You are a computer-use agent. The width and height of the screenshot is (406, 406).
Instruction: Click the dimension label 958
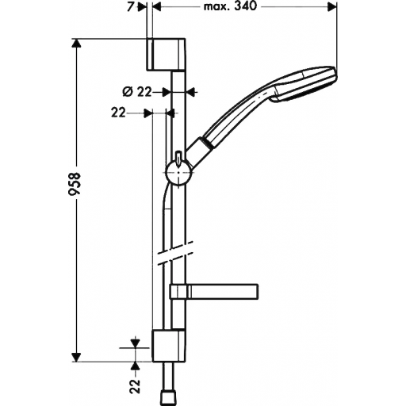point(74,184)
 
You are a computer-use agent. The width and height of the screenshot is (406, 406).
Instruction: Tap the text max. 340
point(230,6)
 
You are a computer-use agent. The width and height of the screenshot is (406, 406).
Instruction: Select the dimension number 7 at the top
point(130,7)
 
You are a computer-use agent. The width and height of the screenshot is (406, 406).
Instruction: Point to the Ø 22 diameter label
point(137,92)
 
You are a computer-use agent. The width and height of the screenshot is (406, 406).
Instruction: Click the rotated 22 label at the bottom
point(136,385)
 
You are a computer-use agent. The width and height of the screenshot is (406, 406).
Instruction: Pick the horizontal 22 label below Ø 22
point(118,113)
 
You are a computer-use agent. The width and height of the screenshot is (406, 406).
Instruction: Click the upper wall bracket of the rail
point(167,55)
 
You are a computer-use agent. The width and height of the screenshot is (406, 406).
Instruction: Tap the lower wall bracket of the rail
point(168,346)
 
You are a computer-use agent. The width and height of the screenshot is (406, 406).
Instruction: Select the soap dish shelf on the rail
point(214,291)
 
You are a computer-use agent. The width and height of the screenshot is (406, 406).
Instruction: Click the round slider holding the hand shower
point(178,172)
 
